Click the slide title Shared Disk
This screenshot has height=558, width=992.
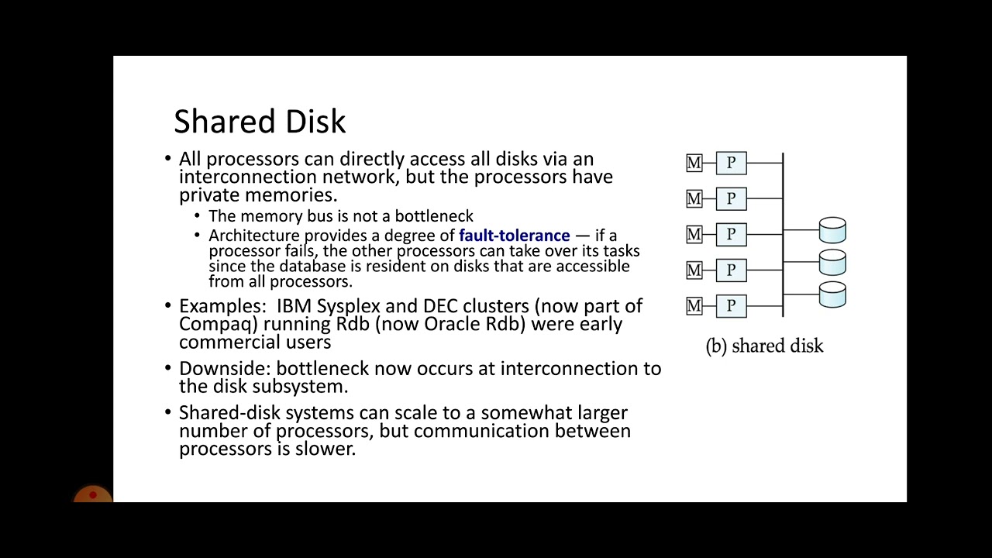[x=260, y=122]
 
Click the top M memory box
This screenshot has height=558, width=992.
[x=694, y=163]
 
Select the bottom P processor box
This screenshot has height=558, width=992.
[x=731, y=306]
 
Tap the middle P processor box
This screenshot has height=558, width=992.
[x=731, y=234]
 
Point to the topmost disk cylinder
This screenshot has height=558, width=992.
[x=832, y=230]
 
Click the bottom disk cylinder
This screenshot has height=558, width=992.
[x=832, y=294]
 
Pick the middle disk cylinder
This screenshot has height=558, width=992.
[x=832, y=262]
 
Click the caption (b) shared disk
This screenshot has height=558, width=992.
[x=764, y=346]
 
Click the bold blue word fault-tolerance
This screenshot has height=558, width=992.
[x=514, y=235]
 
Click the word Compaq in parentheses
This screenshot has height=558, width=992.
[x=214, y=324]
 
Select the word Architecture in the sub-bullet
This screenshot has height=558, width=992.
[x=253, y=235]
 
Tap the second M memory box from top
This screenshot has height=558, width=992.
[x=694, y=198]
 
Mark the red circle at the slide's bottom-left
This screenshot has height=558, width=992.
[x=93, y=495]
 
